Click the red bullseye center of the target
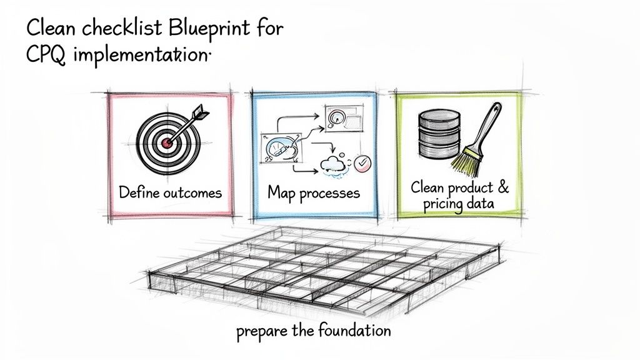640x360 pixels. pos(166,142)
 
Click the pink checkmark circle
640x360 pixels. pos(362,164)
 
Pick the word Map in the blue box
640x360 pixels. pos(281,192)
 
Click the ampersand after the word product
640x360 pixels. pos(503,187)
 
